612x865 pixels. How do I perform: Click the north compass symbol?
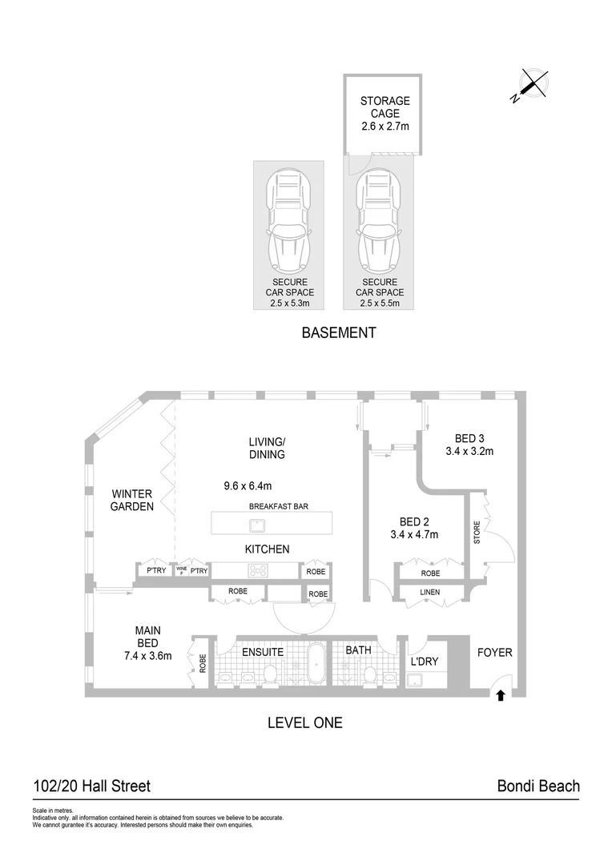tap(532, 85)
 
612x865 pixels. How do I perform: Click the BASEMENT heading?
tap(338, 333)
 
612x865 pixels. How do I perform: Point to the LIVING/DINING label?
tap(268, 448)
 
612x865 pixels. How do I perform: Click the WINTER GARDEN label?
tap(132, 500)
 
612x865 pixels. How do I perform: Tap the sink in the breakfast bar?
tap(257, 525)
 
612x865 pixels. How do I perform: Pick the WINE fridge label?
tap(181, 571)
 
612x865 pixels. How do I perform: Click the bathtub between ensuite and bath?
tap(315, 667)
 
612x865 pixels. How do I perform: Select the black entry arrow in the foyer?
tap(501, 695)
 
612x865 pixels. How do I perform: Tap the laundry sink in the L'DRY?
tap(416, 680)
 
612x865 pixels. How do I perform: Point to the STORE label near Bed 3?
tap(476, 533)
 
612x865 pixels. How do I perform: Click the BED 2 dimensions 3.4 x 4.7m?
tap(413, 535)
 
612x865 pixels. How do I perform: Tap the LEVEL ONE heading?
tap(304, 722)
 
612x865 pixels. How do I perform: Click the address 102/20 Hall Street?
tap(91, 787)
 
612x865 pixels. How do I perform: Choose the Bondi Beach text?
tap(538, 787)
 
